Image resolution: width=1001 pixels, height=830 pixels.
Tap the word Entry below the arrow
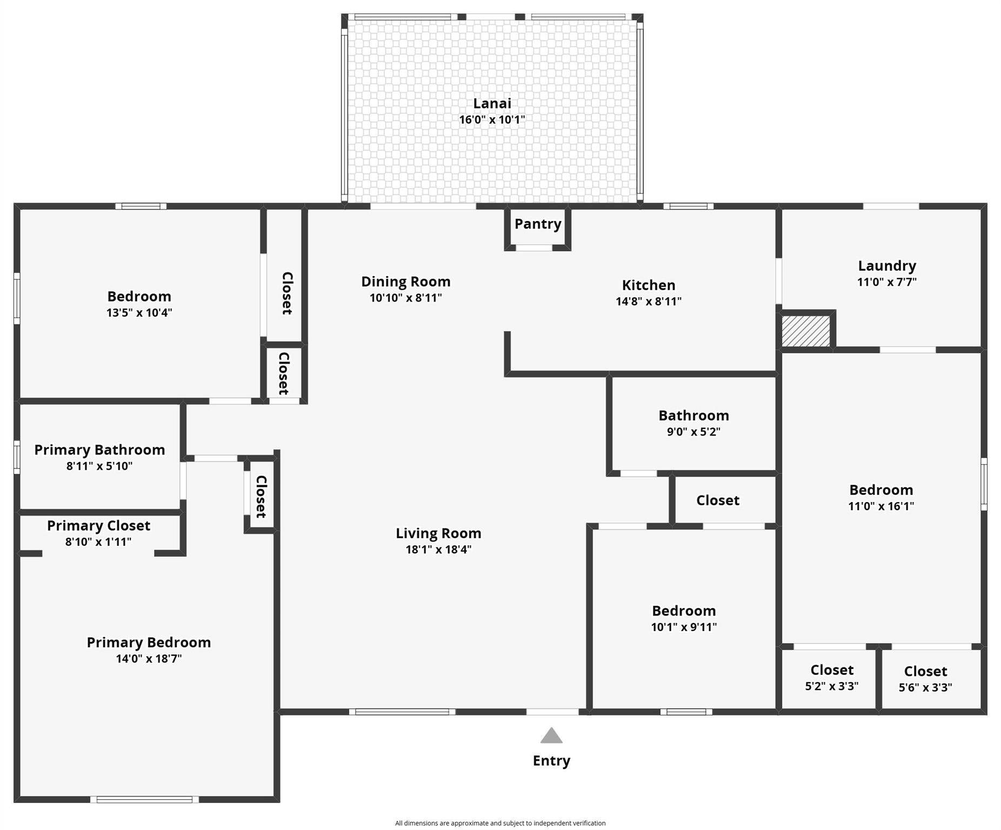click(551, 761)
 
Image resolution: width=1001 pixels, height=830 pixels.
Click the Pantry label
click(537, 224)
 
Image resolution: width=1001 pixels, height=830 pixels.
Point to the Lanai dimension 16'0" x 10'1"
click(492, 120)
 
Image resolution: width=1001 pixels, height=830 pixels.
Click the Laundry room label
click(886, 266)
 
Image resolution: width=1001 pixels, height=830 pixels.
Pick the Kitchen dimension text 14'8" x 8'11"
click(648, 302)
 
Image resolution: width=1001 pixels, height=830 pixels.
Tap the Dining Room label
click(405, 282)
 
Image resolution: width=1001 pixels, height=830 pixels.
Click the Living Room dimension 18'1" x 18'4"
click(438, 550)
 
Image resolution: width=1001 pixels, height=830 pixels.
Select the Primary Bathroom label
click(99, 450)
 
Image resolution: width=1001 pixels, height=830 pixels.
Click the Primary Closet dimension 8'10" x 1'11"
click(98, 541)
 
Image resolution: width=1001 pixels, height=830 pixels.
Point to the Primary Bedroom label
click(149, 642)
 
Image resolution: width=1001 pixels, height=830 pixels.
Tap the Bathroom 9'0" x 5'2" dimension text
click(693, 432)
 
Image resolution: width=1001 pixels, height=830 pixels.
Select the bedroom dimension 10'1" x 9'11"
click(684, 627)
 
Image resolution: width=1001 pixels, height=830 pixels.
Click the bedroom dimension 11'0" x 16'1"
click(881, 506)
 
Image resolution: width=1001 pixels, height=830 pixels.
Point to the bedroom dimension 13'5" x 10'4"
click(139, 312)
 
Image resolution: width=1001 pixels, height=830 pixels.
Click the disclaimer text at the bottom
click(500, 823)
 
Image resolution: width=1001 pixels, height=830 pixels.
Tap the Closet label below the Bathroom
click(717, 500)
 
